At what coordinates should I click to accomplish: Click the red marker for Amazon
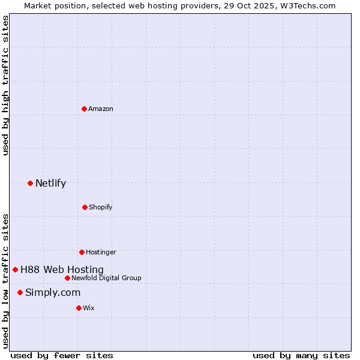coord(85,109)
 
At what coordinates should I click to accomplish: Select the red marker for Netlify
coord(30,183)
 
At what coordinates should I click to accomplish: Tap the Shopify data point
coord(85,207)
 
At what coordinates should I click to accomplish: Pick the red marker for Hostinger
coord(82,252)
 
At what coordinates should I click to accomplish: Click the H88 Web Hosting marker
coord(15,269)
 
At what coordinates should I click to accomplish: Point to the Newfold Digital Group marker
coord(67,278)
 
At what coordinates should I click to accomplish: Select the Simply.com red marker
coord(20,292)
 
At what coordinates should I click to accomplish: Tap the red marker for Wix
coord(79,308)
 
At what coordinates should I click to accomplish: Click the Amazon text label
coord(101,109)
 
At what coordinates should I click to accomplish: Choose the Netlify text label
coord(50,184)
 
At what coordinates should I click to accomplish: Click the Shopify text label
coord(101,207)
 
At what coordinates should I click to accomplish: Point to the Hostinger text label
coord(101,252)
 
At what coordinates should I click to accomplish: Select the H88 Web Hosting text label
coord(62,270)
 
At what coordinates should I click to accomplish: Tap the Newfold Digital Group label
coord(106,278)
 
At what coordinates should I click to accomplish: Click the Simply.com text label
coord(53,293)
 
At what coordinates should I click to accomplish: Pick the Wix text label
coord(89,308)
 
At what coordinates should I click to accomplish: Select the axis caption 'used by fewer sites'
coord(62,355)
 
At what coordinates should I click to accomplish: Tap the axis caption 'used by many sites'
coord(301,355)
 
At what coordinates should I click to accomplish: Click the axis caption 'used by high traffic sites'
coord(5,86)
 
